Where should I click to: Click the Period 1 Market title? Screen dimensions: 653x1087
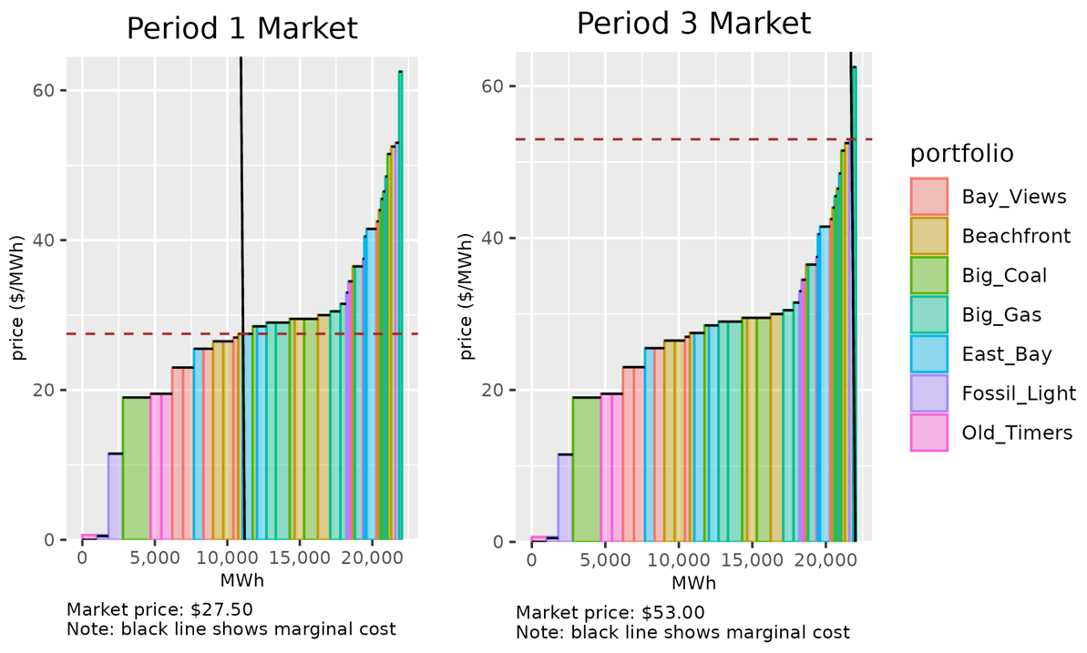coord(241,28)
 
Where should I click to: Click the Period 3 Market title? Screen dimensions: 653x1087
coord(693,25)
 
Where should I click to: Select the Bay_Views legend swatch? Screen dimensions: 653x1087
coord(929,197)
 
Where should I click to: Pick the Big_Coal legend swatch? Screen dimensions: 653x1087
coord(929,275)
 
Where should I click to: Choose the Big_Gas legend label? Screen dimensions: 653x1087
coord(1001,315)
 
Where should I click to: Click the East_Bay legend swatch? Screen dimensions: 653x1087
coord(929,353)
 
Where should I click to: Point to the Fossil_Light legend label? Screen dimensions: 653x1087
coord(1019,393)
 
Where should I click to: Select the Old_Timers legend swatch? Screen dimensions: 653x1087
coord(929,432)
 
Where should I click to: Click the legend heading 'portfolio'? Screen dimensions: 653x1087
coord(962,154)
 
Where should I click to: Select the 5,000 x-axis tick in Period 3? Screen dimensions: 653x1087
coord(604,559)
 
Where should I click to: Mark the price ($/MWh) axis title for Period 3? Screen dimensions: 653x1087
coord(467,298)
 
